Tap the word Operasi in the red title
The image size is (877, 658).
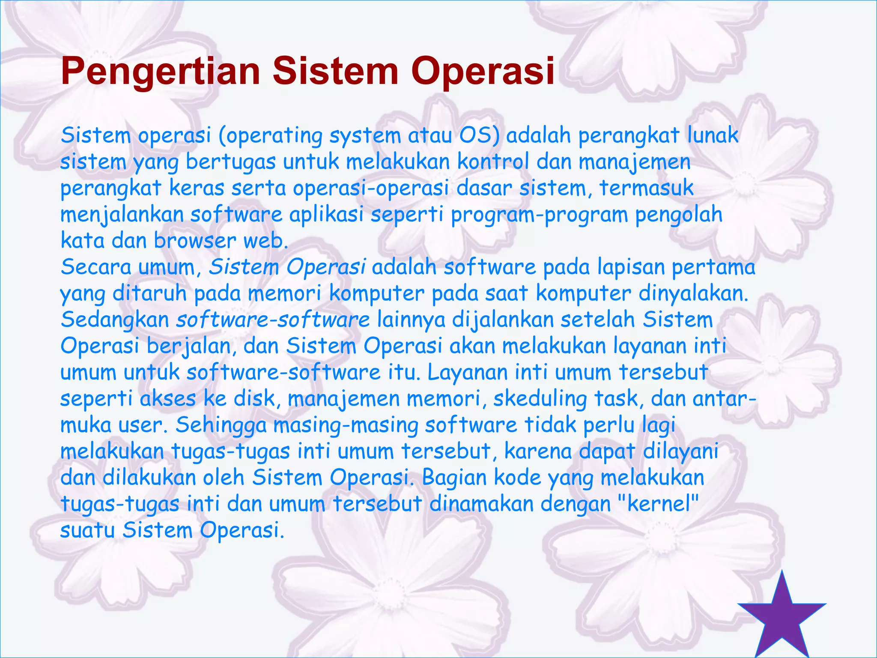[483, 72]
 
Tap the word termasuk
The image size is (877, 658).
[646, 188]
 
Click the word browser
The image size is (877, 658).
[195, 241]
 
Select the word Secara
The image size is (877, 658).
[95, 267]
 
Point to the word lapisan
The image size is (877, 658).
[631, 267]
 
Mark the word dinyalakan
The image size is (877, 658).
[693, 294]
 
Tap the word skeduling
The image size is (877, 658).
[540, 399]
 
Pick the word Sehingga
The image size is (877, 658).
[221, 425]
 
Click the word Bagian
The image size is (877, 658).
[454, 478]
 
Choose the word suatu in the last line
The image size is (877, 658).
[87, 530]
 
